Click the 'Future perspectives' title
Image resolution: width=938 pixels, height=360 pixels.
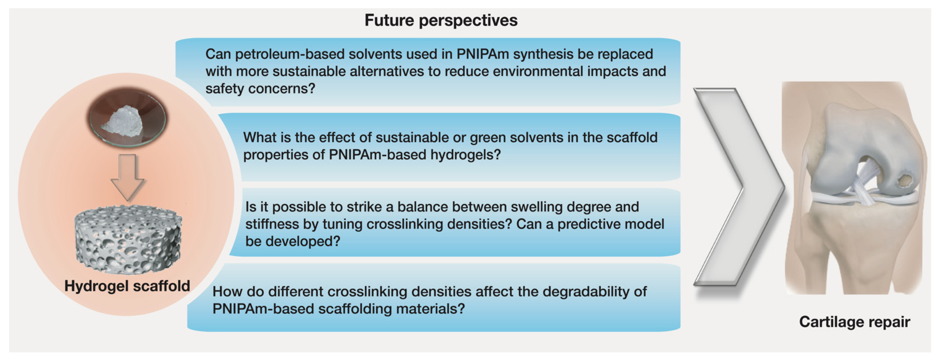(x=441, y=20)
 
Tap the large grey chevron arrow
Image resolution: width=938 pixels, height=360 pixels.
(x=739, y=187)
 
